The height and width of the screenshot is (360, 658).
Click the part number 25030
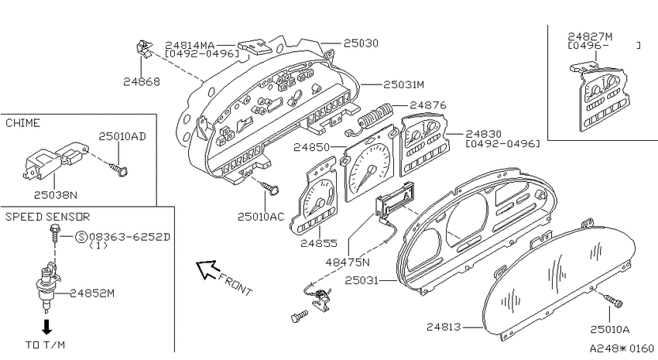click(361, 43)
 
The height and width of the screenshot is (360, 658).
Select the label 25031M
click(403, 84)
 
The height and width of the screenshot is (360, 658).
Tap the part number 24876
click(428, 105)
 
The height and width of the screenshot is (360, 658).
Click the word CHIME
click(22, 123)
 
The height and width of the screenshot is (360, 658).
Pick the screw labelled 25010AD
click(118, 169)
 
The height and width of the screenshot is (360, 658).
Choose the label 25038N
click(56, 194)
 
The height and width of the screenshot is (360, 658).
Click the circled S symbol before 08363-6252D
click(81, 237)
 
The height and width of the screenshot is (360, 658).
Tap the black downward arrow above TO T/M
click(47, 327)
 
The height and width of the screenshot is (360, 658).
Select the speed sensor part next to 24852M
click(45, 287)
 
